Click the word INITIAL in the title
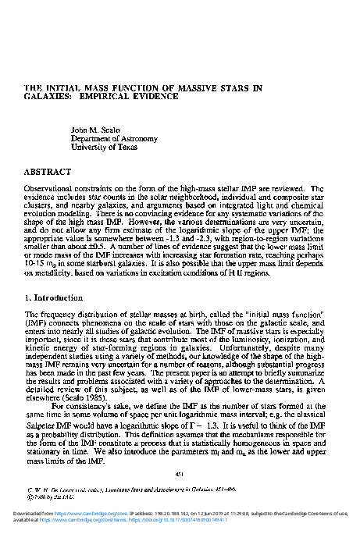pyautogui.click(x=64, y=88)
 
